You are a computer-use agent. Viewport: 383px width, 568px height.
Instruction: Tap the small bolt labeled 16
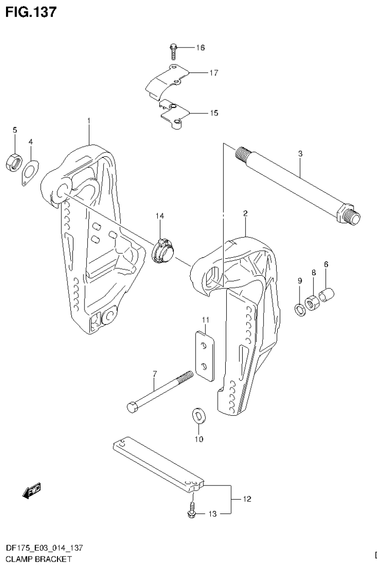tap(172, 49)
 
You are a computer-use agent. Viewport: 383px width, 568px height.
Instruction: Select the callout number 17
tap(214, 73)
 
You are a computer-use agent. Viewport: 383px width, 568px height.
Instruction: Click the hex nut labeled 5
tap(14, 162)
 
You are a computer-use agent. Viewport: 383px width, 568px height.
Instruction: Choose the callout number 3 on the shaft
tap(300, 154)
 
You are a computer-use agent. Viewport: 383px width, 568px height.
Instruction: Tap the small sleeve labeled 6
tap(326, 295)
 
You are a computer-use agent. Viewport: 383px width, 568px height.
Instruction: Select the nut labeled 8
tap(314, 303)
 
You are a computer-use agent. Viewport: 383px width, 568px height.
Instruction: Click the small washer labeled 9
tap(300, 310)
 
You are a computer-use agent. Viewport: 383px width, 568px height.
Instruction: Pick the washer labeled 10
tap(198, 416)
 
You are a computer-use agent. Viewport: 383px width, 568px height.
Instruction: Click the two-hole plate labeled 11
tap(203, 354)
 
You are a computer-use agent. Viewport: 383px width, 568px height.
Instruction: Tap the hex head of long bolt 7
tap(133, 407)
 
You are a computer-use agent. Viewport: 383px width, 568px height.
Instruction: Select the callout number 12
tap(247, 499)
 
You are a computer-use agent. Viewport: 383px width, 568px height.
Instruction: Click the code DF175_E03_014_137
tap(43, 548)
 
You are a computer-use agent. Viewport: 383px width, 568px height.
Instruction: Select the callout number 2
tap(245, 214)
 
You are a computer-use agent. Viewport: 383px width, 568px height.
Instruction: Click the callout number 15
tap(213, 113)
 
